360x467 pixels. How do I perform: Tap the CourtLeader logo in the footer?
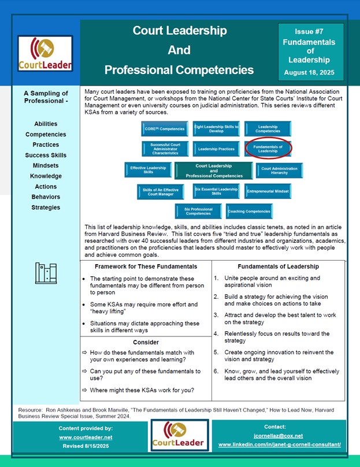point(179,435)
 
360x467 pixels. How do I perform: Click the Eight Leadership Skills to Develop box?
point(216,128)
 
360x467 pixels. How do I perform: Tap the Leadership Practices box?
point(216,149)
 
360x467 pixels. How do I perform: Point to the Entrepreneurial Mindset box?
point(268,191)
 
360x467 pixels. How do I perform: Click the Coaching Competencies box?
point(249,212)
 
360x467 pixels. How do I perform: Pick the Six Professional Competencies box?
point(198,212)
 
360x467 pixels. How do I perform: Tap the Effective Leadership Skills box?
point(148,169)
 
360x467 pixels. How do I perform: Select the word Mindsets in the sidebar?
point(45,165)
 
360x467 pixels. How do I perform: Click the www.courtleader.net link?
point(86,438)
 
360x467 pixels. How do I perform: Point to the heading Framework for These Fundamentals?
point(146,266)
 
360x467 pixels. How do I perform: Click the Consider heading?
point(146,342)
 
